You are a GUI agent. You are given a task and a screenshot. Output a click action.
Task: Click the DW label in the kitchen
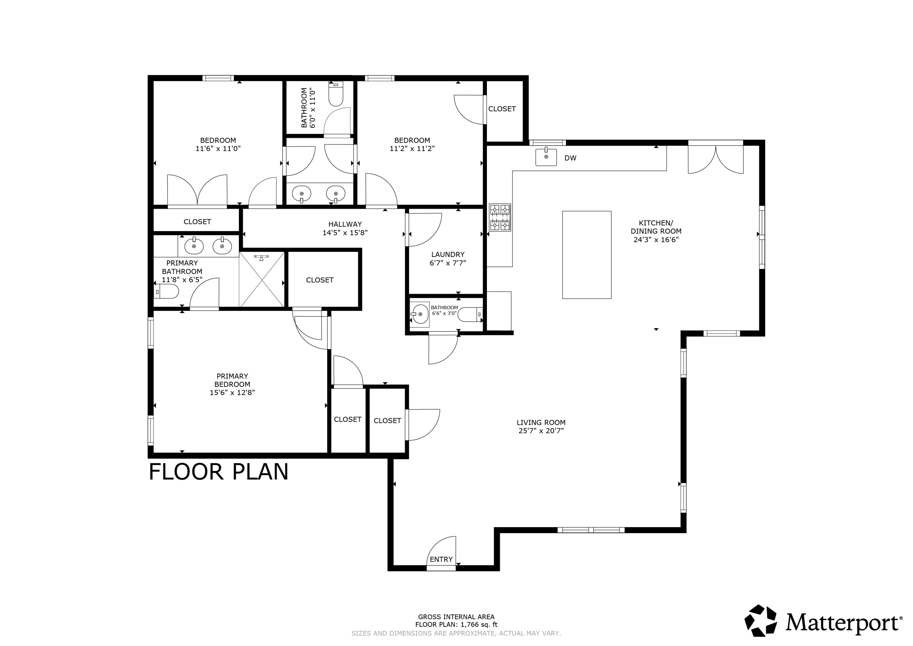point(570,158)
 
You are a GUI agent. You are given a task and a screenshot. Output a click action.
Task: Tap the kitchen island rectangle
point(586,255)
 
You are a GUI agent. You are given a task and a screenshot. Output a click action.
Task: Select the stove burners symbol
point(500,217)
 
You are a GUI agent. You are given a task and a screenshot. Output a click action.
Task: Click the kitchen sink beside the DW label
point(546,157)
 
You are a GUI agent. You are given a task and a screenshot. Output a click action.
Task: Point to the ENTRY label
point(441,559)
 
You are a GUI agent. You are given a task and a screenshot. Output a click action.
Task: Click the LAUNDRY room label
point(448,254)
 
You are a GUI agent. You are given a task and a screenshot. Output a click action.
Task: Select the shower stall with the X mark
point(262,279)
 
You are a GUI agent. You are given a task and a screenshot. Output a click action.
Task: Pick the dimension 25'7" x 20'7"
point(541,431)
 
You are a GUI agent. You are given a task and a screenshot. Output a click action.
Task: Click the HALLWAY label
point(345,224)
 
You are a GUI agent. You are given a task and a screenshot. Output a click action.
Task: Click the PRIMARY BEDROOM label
point(232,380)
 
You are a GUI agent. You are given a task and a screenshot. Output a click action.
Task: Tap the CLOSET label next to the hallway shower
point(320,280)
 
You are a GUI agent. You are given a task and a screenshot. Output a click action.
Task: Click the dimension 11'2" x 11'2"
point(412,148)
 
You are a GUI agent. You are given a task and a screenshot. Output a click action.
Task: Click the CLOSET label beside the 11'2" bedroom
point(502,109)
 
